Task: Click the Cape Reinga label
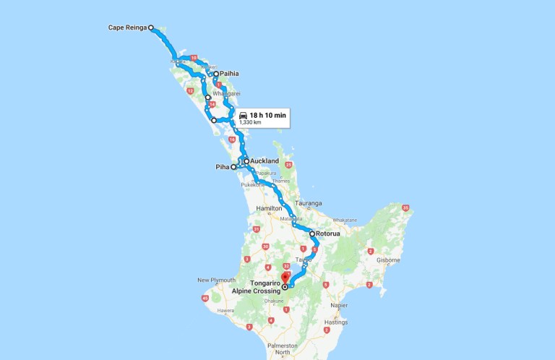click(x=126, y=27)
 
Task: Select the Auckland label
click(x=264, y=161)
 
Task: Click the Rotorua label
click(x=331, y=234)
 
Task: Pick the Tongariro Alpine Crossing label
click(x=253, y=286)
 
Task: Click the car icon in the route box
click(x=244, y=115)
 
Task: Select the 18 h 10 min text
click(x=268, y=115)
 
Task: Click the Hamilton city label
click(x=270, y=208)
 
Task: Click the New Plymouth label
click(x=216, y=280)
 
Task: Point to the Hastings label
click(x=336, y=322)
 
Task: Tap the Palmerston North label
click(x=277, y=348)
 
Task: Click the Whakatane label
click(x=345, y=220)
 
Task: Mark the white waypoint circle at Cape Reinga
click(x=151, y=27)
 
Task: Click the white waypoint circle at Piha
click(x=233, y=167)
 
